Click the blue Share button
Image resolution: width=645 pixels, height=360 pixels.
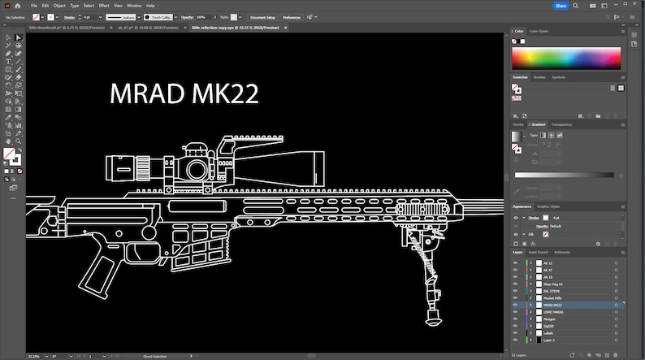tap(561, 6)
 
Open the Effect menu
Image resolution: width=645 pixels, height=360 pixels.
tap(104, 6)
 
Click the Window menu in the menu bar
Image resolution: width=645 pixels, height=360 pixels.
tap(133, 6)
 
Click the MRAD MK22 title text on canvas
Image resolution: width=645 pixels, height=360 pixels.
tap(184, 94)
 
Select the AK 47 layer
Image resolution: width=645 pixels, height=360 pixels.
tap(548, 270)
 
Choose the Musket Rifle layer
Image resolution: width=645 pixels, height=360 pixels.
tap(553, 298)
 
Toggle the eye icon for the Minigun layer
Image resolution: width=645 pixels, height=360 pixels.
tap(515, 319)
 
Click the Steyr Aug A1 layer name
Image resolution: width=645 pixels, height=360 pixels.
tap(554, 284)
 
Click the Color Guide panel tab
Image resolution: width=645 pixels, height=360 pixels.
tap(539, 31)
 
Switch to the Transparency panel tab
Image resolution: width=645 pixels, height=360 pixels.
tap(561, 124)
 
